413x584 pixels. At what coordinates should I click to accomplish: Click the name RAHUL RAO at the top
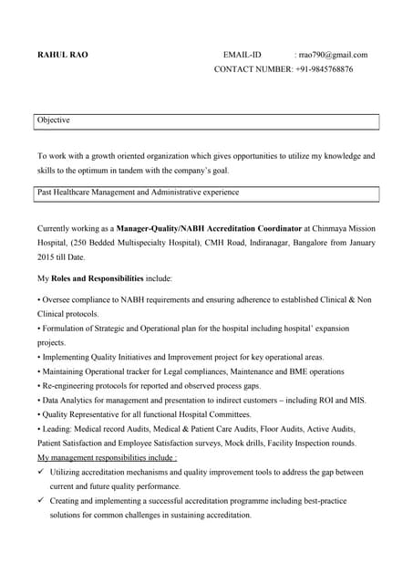tap(63, 55)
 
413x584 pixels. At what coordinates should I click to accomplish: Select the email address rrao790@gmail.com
tap(334, 55)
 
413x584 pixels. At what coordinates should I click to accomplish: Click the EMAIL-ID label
tap(243, 55)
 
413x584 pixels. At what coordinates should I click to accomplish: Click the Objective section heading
tap(54, 120)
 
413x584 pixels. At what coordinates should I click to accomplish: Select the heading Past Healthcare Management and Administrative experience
tap(138, 193)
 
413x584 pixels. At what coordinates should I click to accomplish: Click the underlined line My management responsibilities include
tap(107, 457)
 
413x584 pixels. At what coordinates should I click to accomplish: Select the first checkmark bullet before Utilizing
tap(41, 473)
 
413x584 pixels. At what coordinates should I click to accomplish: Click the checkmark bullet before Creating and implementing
tap(41, 501)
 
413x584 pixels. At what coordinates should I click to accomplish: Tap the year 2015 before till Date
tap(46, 257)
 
